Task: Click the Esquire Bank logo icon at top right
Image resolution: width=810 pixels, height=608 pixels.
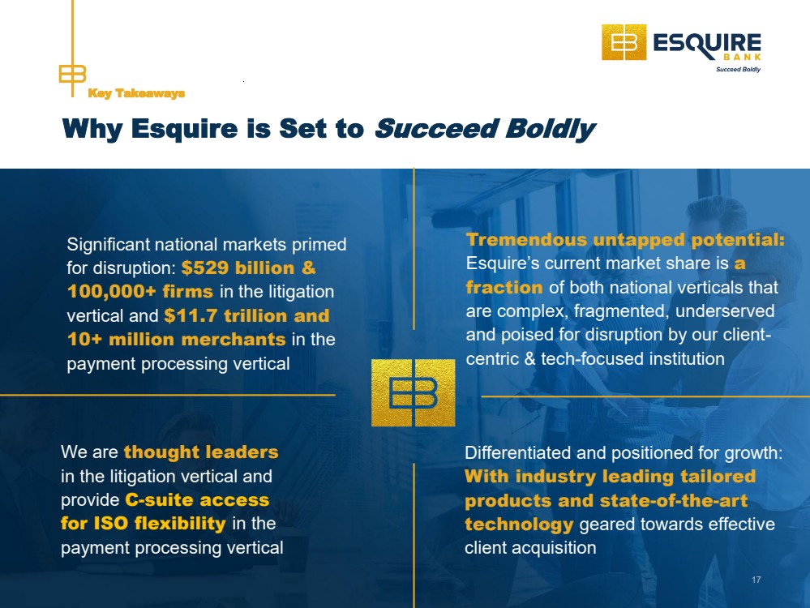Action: tap(624, 42)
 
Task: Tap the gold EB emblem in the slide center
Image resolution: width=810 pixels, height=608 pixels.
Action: tap(414, 392)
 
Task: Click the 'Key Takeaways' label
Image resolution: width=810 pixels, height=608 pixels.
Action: tap(136, 93)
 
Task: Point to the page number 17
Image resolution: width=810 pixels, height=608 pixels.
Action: tap(756, 580)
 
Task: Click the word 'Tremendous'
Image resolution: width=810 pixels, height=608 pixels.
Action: tap(526, 240)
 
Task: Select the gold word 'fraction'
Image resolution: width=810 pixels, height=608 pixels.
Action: tap(504, 287)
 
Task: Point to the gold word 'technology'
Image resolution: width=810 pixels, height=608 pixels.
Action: tap(519, 525)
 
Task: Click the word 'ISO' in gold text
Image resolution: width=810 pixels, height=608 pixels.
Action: tap(110, 524)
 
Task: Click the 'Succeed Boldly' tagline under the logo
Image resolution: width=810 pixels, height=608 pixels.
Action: tap(738, 69)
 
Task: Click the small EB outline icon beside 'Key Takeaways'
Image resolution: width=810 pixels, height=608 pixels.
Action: tap(72, 74)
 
